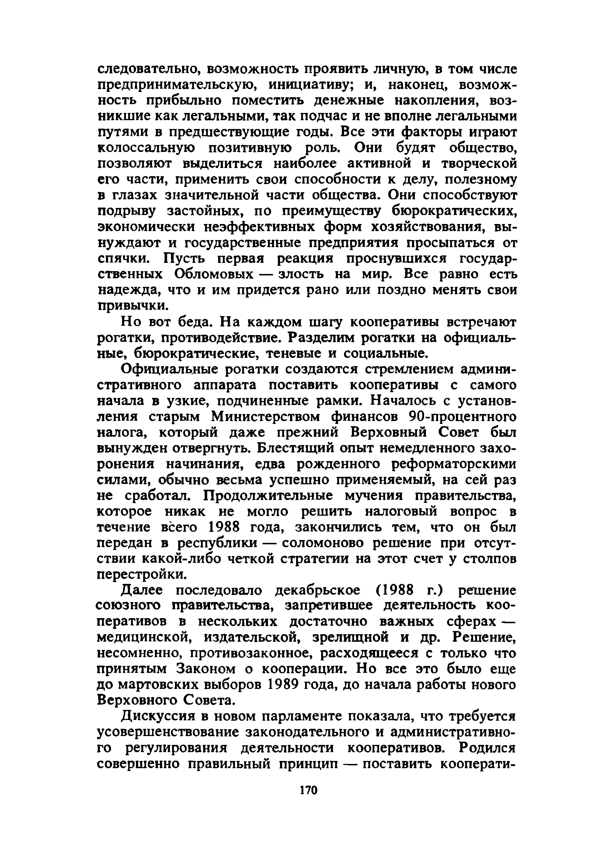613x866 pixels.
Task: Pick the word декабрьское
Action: [317, 590]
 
